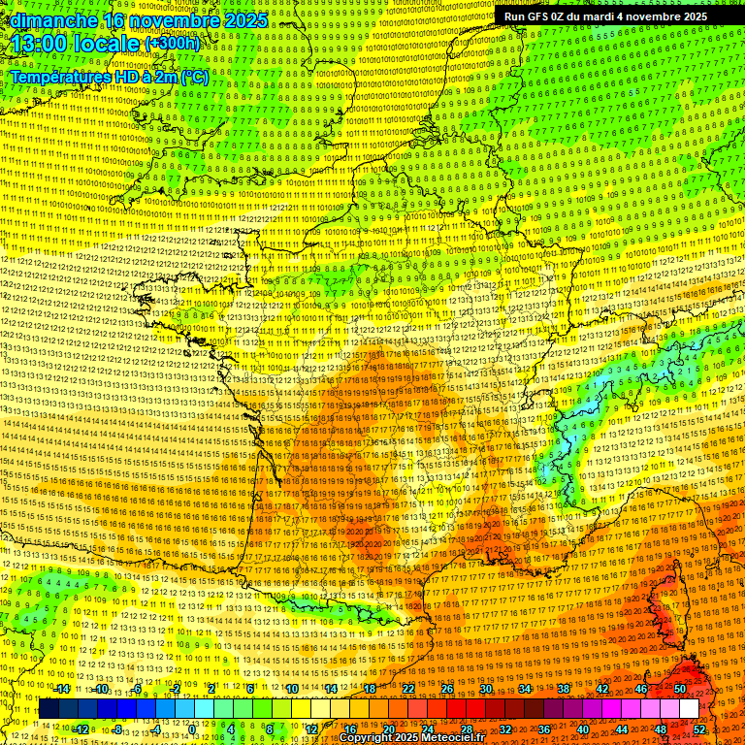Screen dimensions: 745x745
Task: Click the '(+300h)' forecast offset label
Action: pyautogui.click(x=172, y=43)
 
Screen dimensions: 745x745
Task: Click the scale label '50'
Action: pyautogui.click(x=679, y=689)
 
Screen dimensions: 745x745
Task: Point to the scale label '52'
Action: pyautogui.click(x=699, y=729)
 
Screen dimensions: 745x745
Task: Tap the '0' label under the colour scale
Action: pyautogui.click(x=192, y=729)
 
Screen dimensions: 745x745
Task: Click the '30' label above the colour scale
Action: pyautogui.click(x=485, y=689)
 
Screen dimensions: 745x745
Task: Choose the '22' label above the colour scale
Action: pyautogui.click(x=407, y=689)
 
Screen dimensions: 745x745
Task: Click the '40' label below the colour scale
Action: pyautogui.click(x=582, y=729)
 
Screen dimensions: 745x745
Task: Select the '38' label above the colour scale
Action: pyautogui.click(x=563, y=689)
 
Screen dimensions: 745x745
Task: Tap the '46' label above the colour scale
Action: pyautogui.click(x=640, y=689)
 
